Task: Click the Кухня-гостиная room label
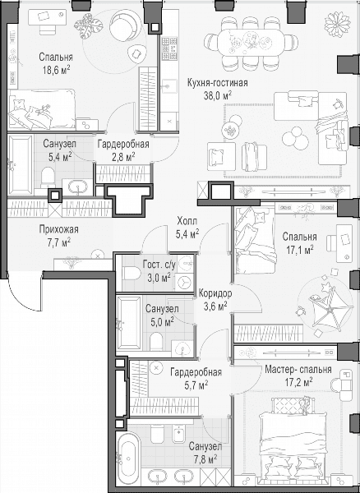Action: click(x=217, y=83)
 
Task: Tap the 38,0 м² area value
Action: click(x=218, y=95)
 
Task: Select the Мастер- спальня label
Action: click(x=298, y=369)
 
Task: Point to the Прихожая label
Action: click(x=59, y=229)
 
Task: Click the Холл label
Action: click(x=187, y=221)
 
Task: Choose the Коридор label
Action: click(x=215, y=293)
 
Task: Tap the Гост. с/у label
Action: click(x=159, y=265)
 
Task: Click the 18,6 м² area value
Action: click(x=56, y=70)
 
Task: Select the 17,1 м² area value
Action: click(x=300, y=250)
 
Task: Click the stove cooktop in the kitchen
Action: click(x=169, y=49)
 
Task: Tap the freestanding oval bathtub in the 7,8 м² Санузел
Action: click(x=128, y=458)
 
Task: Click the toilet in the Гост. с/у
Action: click(x=132, y=274)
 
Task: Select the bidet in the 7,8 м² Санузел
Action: click(x=180, y=434)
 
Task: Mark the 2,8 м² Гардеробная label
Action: click(x=123, y=145)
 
